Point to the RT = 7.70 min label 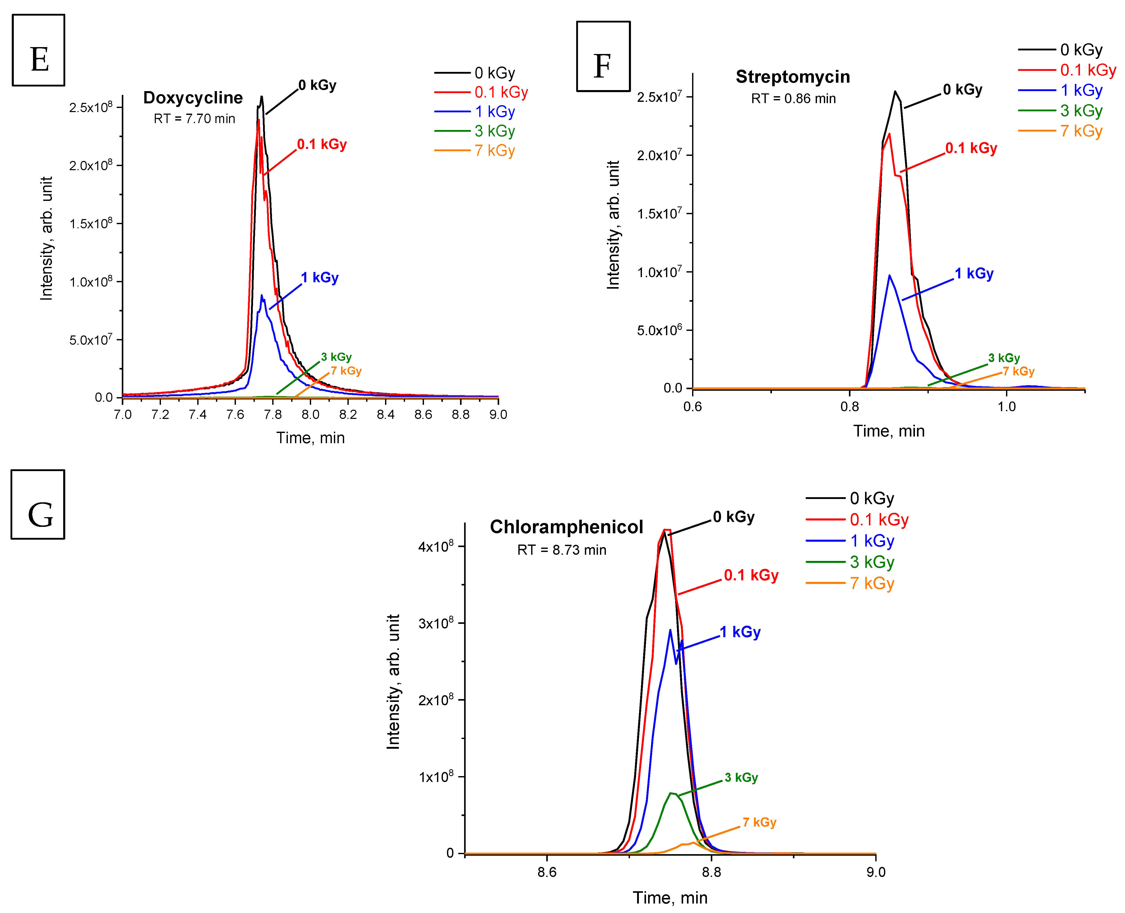(194, 119)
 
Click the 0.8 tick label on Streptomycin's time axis (849, 407)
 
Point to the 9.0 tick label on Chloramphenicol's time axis (876, 873)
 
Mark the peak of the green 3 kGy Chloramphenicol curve (671, 793)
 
